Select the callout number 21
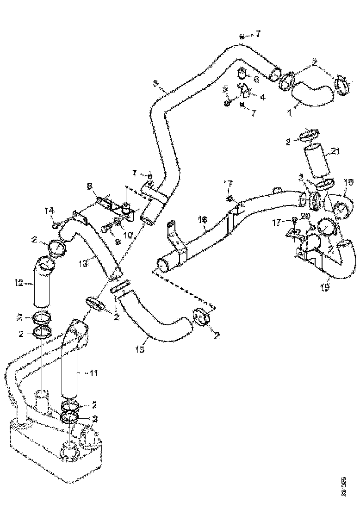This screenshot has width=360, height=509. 336,151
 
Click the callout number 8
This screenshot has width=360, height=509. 90,187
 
